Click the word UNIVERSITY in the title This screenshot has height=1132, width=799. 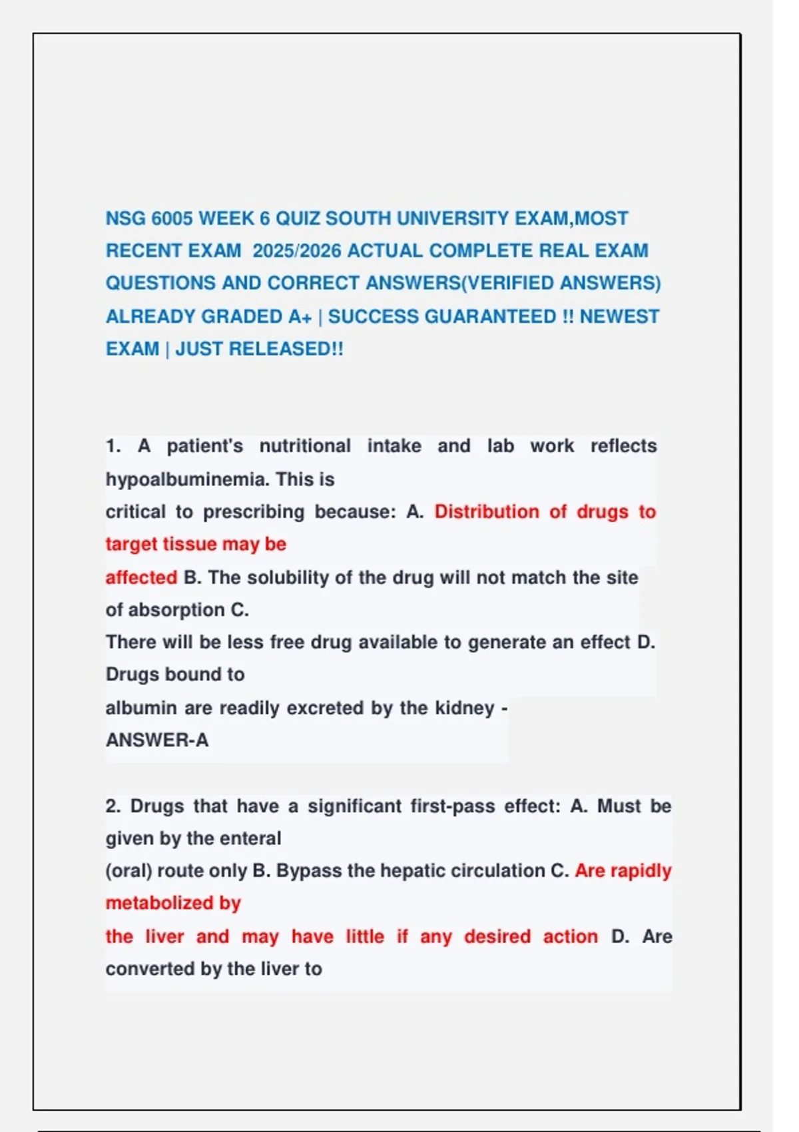pyautogui.click(x=445, y=218)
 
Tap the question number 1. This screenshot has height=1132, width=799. pyautogui.click(x=113, y=446)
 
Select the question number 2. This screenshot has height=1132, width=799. pyautogui.click(x=113, y=806)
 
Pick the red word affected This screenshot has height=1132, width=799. pyautogui.click(x=141, y=577)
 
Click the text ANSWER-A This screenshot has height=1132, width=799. pyautogui.click(x=157, y=740)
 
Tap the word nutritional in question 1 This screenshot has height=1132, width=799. pyautogui.click(x=305, y=446)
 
